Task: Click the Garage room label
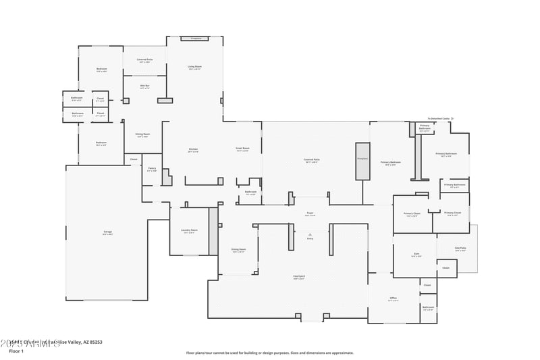point(108,233)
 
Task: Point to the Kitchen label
point(193,150)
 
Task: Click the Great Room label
point(242,149)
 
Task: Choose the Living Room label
point(194,67)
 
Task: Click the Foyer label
point(310,213)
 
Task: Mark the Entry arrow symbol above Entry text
point(310,234)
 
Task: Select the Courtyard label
point(299,277)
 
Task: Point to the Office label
point(393,299)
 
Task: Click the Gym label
point(417,255)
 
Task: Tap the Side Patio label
point(461,249)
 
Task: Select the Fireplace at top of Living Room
point(196,38)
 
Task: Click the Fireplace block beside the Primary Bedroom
point(363,161)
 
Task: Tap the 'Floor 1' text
point(16,351)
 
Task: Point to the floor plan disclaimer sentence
point(269,353)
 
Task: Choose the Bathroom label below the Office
point(429,308)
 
